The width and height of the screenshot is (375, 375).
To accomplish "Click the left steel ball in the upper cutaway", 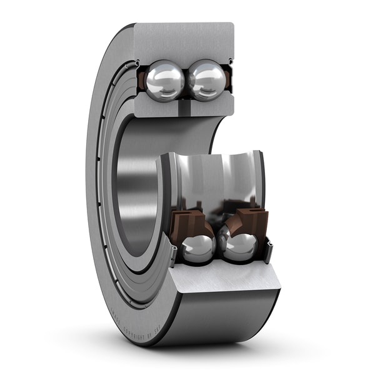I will [x=165, y=80].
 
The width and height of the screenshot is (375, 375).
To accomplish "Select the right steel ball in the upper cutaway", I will [x=206, y=80].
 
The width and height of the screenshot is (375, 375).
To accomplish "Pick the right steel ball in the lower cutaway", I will [x=240, y=246].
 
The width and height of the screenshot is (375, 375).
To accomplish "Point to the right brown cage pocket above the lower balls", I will [x=251, y=220].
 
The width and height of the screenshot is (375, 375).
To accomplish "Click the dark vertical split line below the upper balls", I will [x=186, y=110].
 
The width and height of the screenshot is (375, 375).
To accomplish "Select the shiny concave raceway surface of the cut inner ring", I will [x=216, y=181].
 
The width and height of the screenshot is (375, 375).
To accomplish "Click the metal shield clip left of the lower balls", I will [x=172, y=253].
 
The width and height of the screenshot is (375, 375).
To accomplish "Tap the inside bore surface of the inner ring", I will [x=134, y=187].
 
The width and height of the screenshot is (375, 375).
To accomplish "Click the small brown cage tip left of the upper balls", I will [x=142, y=80].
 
